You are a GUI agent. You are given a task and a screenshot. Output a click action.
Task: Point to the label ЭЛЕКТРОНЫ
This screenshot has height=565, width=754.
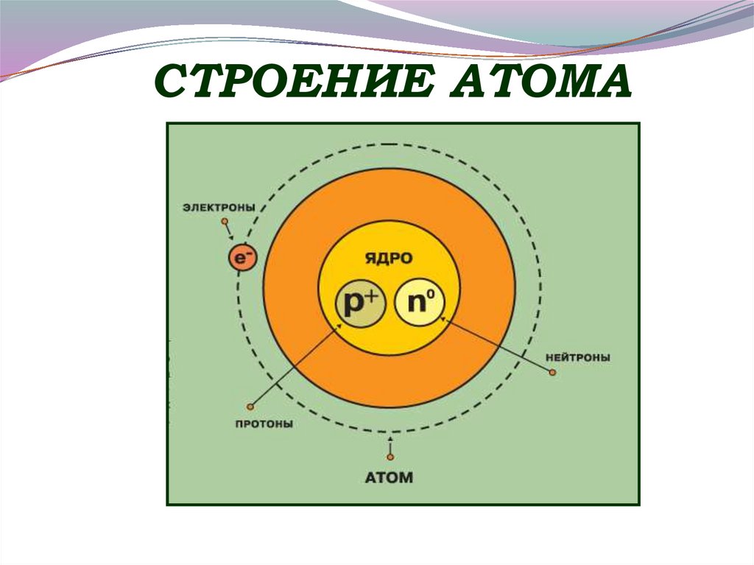pyautogui.click(x=219, y=208)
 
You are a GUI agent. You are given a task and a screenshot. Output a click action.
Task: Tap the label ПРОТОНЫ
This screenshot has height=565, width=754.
pyautogui.click(x=264, y=424)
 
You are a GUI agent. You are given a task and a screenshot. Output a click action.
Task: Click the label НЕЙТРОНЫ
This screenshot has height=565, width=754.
pyautogui.click(x=578, y=357)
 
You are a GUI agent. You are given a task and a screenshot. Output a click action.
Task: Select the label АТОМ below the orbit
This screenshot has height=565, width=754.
pyautogui.click(x=389, y=477)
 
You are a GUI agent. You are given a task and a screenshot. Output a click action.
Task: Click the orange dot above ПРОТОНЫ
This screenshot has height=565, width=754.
pyautogui.click(x=250, y=406)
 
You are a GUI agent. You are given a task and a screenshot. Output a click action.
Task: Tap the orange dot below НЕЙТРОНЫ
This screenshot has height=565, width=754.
pyautogui.click(x=552, y=373)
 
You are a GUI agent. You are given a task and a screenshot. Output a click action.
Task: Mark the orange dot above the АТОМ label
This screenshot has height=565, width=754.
pyautogui.click(x=390, y=457)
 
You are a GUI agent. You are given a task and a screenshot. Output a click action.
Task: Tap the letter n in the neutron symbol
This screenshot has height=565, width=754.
pyautogui.click(x=415, y=303)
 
